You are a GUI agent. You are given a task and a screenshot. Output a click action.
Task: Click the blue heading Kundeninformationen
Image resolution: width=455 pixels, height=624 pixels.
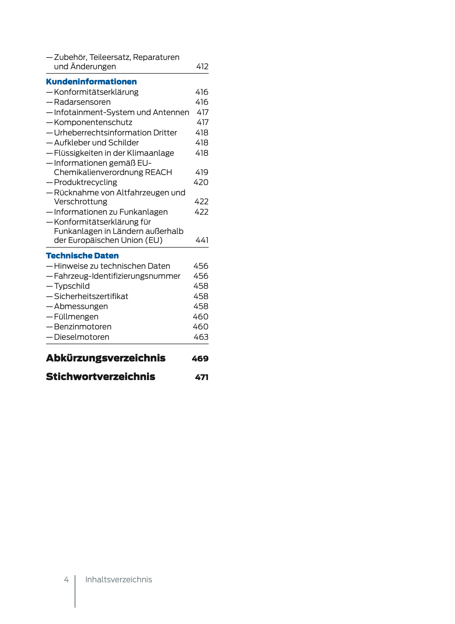click(91, 82)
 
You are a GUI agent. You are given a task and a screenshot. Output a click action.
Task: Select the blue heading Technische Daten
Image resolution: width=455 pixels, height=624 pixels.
click(82, 256)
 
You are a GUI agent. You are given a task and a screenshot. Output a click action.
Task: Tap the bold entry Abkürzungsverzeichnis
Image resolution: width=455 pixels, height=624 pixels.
click(106, 358)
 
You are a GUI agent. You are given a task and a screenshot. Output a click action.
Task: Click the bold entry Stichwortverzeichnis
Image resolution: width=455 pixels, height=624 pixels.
click(100, 377)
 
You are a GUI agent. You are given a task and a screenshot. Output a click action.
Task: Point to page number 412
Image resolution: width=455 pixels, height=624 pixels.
click(202, 67)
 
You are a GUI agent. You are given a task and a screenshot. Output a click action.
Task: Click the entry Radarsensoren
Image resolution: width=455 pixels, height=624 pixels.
click(82, 102)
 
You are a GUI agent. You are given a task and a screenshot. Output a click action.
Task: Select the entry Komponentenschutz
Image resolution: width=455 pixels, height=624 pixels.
click(93, 122)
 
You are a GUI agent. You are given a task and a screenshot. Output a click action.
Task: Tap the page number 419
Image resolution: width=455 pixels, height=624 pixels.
click(202, 172)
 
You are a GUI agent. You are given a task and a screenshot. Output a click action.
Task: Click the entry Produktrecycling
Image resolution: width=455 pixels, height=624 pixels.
click(85, 182)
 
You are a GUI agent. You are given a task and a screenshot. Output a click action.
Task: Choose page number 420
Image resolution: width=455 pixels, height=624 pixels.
click(201, 182)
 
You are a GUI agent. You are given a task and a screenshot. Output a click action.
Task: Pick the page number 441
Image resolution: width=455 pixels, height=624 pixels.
click(202, 240)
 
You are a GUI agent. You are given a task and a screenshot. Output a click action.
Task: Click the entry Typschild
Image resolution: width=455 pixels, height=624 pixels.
click(72, 286)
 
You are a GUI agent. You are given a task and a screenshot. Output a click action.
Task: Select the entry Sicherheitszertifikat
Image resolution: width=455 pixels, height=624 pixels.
click(91, 296)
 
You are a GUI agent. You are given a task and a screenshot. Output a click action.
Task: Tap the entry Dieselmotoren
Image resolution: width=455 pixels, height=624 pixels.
click(82, 337)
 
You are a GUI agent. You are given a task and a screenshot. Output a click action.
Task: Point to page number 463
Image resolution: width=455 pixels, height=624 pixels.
click(201, 337)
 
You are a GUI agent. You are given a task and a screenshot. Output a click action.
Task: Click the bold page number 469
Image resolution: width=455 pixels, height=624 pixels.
click(200, 359)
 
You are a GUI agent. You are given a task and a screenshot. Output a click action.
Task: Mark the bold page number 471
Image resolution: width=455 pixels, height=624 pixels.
click(202, 377)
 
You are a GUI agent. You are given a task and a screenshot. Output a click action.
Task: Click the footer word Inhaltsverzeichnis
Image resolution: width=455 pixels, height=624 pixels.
click(118, 580)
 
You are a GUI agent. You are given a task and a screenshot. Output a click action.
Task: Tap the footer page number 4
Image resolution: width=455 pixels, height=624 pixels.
click(66, 580)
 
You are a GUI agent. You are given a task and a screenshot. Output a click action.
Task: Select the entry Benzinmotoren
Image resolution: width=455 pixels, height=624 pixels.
click(83, 327)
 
